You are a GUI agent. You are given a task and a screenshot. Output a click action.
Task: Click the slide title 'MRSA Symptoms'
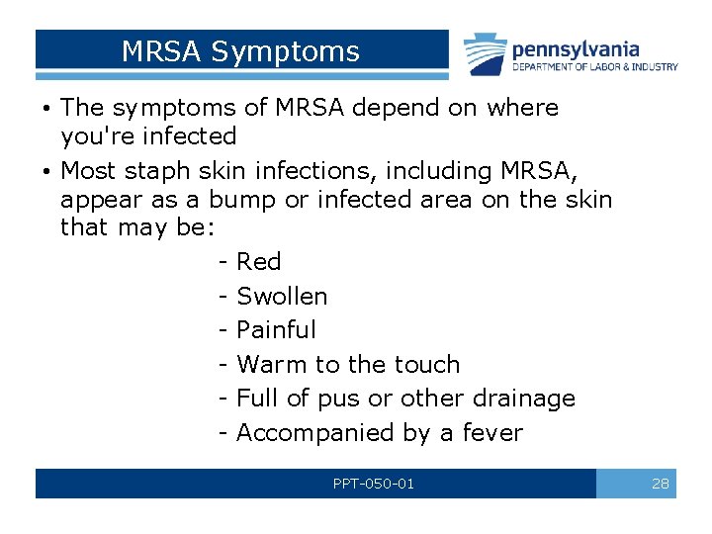click(240, 51)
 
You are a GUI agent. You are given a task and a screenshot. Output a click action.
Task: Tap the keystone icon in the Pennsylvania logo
click(486, 55)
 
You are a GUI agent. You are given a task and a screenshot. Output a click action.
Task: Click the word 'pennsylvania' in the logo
click(576, 48)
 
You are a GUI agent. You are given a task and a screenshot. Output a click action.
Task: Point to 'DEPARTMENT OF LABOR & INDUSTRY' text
click(594, 67)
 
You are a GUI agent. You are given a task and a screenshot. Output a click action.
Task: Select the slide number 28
click(660, 484)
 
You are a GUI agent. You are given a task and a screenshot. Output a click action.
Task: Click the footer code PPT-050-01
click(374, 484)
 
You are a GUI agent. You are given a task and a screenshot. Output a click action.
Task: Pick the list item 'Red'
click(259, 262)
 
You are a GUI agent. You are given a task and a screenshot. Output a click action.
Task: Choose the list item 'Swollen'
click(282, 297)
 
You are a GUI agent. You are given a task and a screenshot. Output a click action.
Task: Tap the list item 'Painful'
click(277, 330)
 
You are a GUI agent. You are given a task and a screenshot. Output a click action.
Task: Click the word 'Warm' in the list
click(272, 365)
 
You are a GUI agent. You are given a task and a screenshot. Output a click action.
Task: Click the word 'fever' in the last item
click(490, 433)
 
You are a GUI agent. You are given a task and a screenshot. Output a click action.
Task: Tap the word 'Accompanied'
click(316, 433)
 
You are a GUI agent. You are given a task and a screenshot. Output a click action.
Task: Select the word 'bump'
click(242, 200)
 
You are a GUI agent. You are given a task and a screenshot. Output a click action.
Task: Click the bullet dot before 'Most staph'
click(46, 171)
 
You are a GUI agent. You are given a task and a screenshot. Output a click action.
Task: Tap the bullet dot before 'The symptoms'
click(46, 108)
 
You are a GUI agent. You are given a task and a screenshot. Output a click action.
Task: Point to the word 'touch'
click(426, 365)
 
